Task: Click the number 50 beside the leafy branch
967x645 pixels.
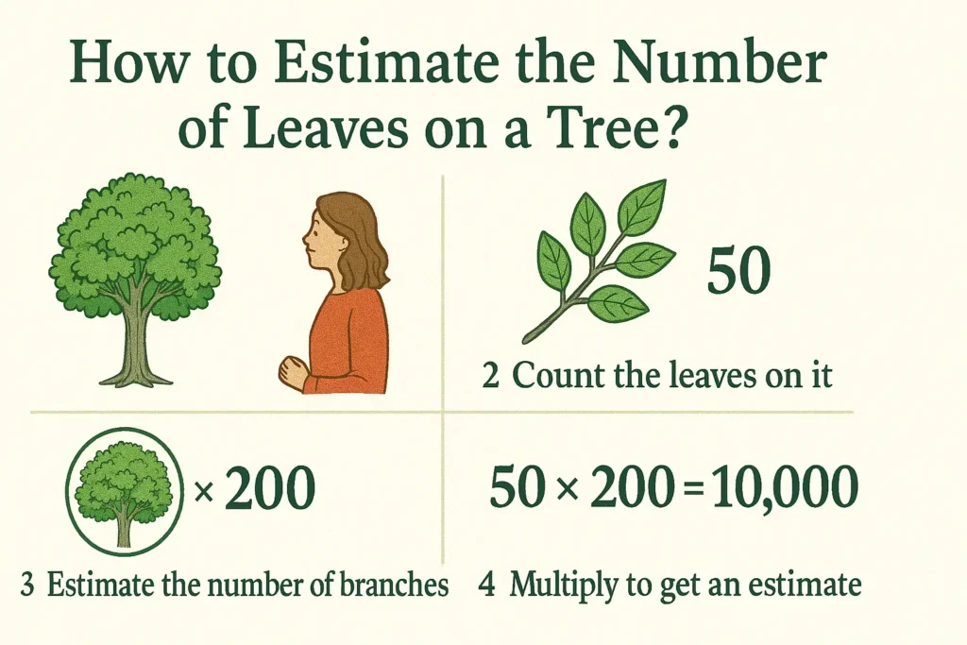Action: click(738, 270)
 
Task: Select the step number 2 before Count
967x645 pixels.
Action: click(490, 376)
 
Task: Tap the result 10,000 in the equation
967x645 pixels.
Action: click(785, 487)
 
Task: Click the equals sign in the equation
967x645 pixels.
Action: click(694, 488)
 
